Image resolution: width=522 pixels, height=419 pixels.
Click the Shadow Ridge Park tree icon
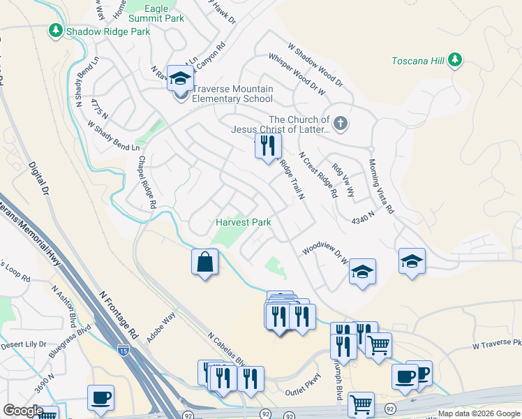(56, 31)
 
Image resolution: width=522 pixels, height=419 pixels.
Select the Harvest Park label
(243, 222)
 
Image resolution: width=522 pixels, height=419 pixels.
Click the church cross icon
(340, 124)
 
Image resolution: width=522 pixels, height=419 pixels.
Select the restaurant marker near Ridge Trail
(267, 147)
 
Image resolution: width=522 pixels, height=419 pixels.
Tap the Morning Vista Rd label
(382, 185)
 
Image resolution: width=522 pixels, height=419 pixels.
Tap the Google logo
(23, 411)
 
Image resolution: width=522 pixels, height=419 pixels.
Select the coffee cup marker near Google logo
(100, 398)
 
